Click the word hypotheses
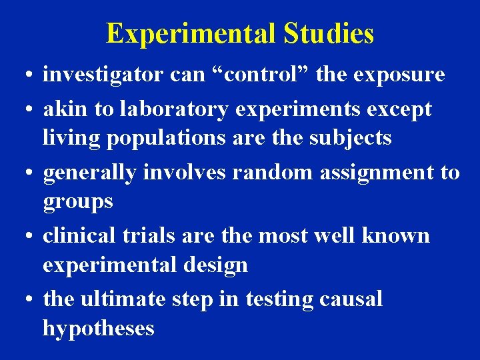pyautogui.click(x=99, y=329)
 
